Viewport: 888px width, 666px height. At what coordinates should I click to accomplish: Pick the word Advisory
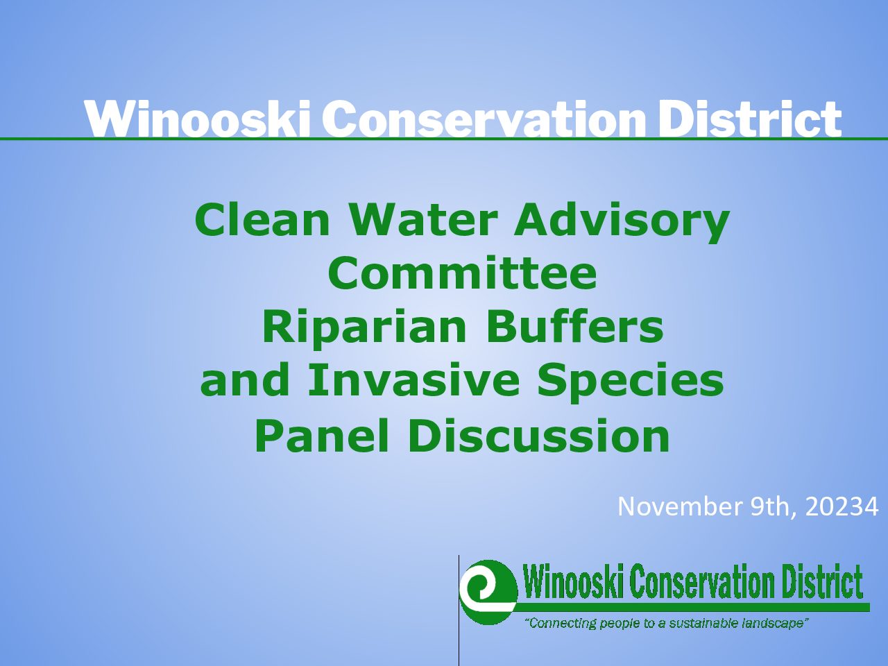tap(622, 223)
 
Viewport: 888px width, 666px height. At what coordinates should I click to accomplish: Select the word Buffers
tap(574, 327)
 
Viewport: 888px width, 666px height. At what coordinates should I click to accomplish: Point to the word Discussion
tap(538, 435)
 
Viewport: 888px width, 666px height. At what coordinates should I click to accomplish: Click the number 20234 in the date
tap(842, 506)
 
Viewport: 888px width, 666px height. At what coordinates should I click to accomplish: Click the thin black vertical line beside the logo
tap(459, 610)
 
